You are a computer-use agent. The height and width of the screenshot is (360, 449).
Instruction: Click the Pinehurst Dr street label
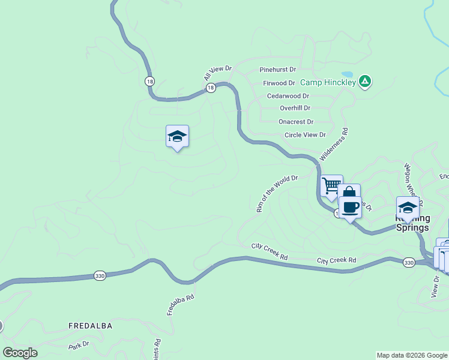pyautogui.click(x=278, y=70)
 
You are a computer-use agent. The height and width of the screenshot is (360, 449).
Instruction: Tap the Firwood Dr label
pyautogui.click(x=279, y=83)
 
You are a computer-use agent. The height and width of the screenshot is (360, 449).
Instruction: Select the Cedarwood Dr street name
pyautogui.click(x=288, y=96)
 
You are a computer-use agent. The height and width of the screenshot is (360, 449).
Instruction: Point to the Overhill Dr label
pyautogui.click(x=295, y=109)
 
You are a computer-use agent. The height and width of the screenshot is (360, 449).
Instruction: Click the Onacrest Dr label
pyautogui.click(x=296, y=122)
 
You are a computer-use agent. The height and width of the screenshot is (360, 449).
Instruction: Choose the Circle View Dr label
pyautogui.click(x=305, y=135)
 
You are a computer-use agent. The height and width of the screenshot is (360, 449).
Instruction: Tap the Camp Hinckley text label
pyautogui.click(x=328, y=82)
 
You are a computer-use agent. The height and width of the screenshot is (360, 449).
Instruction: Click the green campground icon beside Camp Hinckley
pyautogui.click(x=364, y=82)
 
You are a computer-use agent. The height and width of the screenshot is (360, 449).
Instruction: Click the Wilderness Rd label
pyautogui.click(x=334, y=143)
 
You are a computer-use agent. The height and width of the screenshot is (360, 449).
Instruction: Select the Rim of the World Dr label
pyautogui.click(x=277, y=194)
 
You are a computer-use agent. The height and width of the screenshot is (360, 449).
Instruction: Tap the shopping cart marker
pyautogui.click(x=331, y=185)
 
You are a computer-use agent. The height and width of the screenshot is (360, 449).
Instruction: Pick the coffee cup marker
pyautogui.click(x=350, y=208)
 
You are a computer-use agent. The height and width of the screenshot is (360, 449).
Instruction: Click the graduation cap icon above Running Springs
pyautogui.click(x=408, y=208)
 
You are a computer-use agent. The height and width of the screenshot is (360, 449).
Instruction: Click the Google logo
pyautogui.click(x=20, y=353)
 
